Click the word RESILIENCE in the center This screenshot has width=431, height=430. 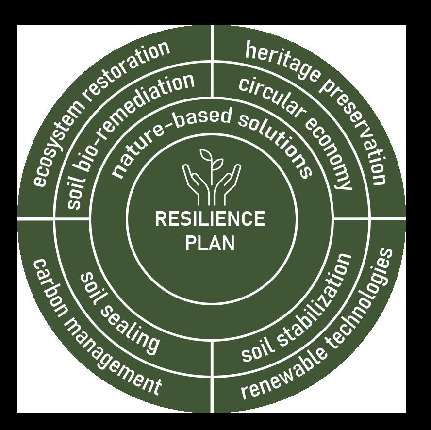click(210, 219)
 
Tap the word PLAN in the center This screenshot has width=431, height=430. click(210, 242)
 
